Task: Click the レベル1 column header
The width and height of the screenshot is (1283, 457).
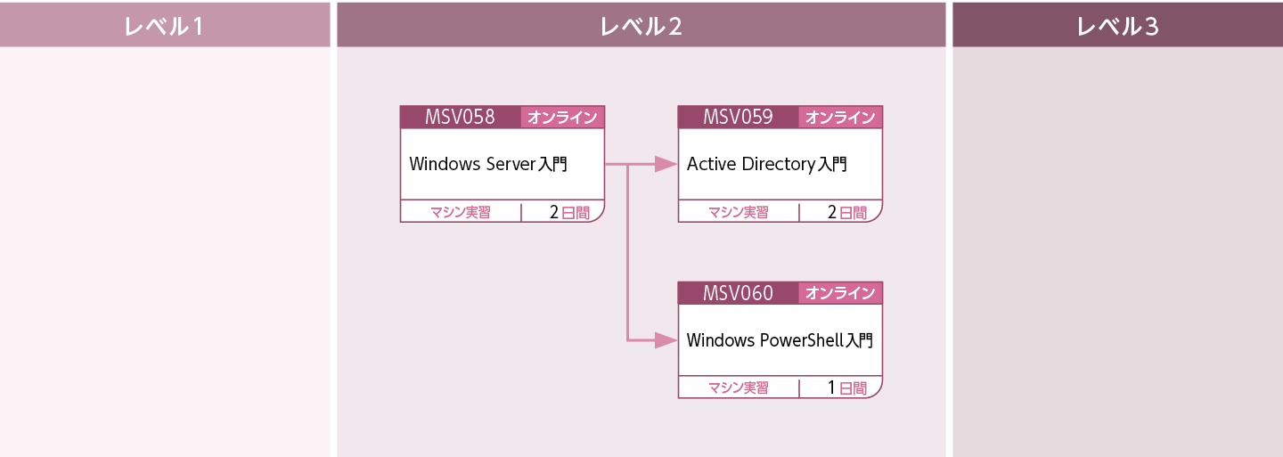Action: [x=165, y=26]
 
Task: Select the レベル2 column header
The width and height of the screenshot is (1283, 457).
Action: [x=641, y=26]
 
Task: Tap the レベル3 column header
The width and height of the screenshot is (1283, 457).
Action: [x=1117, y=26]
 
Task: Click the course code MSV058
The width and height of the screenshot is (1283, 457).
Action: [x=460, y=117]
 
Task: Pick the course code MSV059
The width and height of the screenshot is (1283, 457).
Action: [x=738, y=117]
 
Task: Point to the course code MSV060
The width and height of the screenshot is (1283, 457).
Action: [x=738, y=292]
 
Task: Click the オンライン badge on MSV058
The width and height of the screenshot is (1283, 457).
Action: [x=562, y=118]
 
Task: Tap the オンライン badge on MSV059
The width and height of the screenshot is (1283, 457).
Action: [x=840, y=118]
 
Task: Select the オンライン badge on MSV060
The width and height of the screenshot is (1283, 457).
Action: [x=840, y=293]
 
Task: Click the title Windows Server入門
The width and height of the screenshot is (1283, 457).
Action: [x=488, y=164]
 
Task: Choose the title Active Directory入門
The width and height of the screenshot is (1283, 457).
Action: [x=766, y=164]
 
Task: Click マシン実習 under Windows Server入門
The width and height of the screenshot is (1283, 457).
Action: [x=460, y=212]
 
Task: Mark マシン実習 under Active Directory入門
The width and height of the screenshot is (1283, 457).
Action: [x=738, y=212]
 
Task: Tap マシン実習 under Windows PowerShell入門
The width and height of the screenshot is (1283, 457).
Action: [x=738, y=388]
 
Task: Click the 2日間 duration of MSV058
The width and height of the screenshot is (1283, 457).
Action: [x=568, y=212]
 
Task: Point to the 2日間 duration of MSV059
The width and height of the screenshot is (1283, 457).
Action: [x=846, y=212]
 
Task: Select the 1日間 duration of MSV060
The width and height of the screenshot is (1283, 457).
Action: [x=846, y=388]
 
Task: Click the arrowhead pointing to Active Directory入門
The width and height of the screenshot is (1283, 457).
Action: [x=665, y=164]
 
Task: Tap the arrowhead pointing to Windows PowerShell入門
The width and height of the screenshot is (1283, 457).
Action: [x=665, y=340]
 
